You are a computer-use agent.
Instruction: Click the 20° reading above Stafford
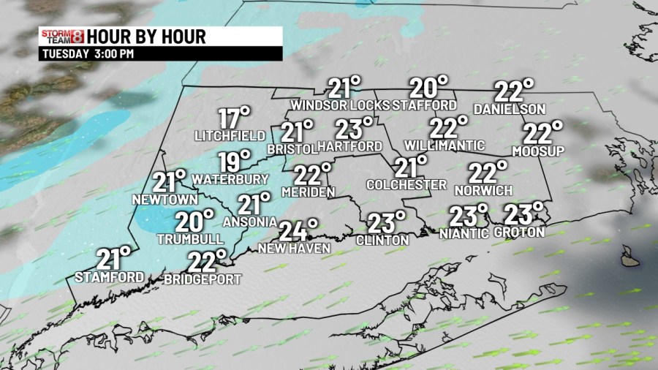coord(428,88)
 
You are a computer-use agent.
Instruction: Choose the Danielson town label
coord(510,109)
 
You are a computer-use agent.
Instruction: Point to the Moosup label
coord(539,151)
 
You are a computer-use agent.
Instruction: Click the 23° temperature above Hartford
coord(354,129)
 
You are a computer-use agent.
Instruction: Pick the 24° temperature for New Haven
coord(298,230)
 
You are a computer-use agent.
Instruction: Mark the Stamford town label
coord(110,276)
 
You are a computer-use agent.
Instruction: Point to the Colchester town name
coord(406,185)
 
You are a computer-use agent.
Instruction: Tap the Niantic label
coord(464,234)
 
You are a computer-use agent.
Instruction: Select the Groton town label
coord(519,233)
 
